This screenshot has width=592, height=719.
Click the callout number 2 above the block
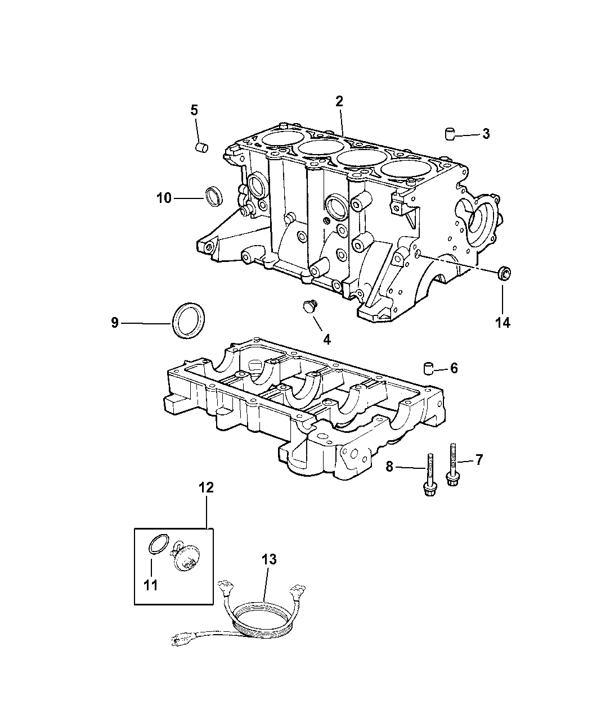point(339,101)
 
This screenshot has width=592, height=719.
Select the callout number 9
point(115,323)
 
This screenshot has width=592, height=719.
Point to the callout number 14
point(503,323)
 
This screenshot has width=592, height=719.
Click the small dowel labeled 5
point(202,148)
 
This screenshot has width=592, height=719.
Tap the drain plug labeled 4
point(310,305)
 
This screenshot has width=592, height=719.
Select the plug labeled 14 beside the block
point(504,273)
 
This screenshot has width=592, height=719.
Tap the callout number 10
point(164,198)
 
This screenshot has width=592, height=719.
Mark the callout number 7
point(479,460)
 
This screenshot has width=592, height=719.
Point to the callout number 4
point(327,340)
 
